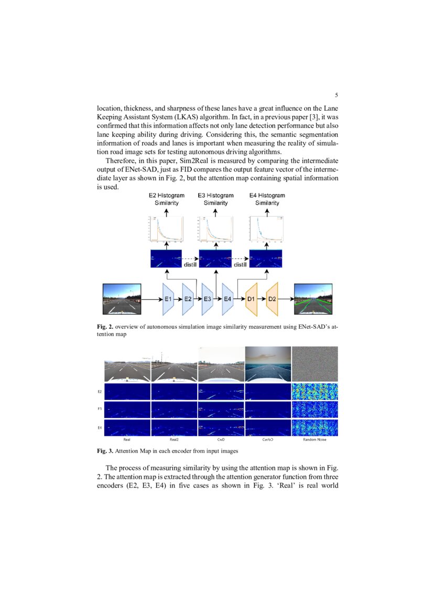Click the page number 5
click(336, 95)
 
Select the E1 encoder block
click(168, 299)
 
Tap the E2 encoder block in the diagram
click(188, 299)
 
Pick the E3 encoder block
click(208, 299)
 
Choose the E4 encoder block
click(228, 299)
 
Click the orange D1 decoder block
click(251, 299)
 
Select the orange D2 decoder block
click(272, 299)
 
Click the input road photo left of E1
click(122, 299)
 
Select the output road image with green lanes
click(313, 299)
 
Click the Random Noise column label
click(315, 440)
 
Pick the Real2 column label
click(174, 440)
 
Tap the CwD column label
click(221, 440)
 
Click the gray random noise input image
click(315, 364)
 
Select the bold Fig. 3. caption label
click(105, 451)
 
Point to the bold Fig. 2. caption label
click(105, 327)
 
